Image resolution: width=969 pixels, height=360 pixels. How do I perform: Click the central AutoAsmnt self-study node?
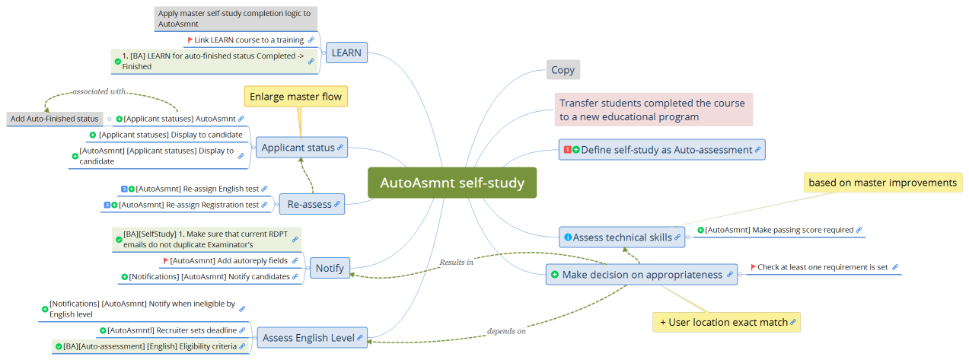(x=452, y=183)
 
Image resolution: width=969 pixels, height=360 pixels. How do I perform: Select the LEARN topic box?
(x=346, y=53)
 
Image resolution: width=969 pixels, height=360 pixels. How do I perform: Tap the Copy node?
(x=563, y=70)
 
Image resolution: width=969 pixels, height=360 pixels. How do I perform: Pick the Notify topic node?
(x=330, y=268)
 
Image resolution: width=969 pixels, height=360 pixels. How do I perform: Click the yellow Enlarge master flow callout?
(x=295, y=97)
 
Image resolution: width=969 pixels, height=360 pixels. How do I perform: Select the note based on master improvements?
(x=882, y=183)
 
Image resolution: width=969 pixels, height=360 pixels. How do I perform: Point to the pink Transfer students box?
(x=652, y=110)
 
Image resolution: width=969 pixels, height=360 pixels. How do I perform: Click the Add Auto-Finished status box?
(x=54, y=119)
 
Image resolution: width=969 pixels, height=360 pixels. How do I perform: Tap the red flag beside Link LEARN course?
(x=190, y=40)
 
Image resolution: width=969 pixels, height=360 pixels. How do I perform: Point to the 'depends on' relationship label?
(x=506, y=331)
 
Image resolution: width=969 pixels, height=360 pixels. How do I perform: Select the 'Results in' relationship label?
(x=456, y=262)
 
